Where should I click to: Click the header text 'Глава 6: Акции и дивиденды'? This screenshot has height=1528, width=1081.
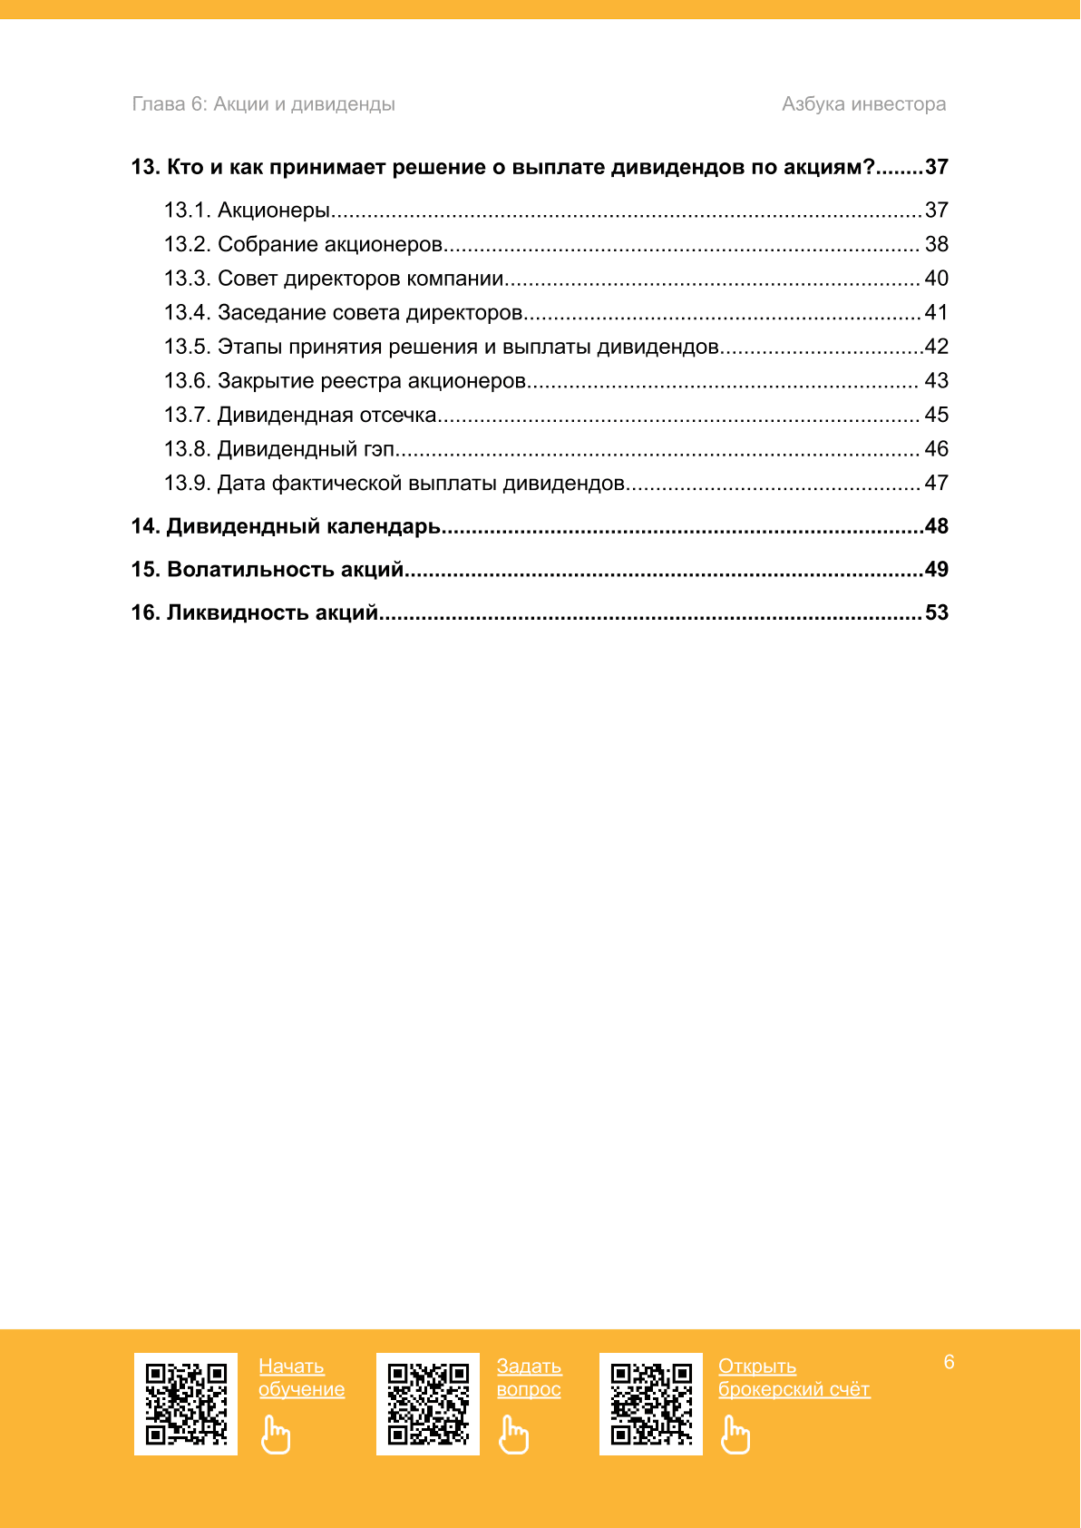(263, 104)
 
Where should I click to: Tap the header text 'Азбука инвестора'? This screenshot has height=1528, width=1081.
(863, 104)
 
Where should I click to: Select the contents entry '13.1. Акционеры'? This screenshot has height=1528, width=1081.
(247, 211)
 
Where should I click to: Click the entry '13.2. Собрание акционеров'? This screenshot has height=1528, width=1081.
(303, 245)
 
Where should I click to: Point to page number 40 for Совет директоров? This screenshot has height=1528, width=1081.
(936, 279)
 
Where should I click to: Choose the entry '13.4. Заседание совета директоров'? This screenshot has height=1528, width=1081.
(343, 313)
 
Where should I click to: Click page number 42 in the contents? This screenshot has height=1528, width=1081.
(936, 347)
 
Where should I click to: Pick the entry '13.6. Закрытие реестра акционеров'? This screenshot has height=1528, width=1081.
(345, 381)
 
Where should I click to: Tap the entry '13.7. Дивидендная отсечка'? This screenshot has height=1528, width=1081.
(300, 416)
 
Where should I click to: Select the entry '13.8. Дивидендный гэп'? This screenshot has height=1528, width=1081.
(279, 449)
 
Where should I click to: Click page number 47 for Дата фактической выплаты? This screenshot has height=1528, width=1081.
(936, 484)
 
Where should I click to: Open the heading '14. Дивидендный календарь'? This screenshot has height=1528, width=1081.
(286, 526)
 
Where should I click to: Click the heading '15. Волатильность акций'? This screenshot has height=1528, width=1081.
(268, 570)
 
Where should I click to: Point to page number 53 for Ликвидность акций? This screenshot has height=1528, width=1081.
(936, 613)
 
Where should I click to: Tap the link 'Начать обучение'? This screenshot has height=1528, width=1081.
(301, 1377)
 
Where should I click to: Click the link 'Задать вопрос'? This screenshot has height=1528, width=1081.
(529, 1377)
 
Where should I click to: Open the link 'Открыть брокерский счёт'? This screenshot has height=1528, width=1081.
(794, 1377)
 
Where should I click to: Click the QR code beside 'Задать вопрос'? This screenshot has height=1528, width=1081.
(428, 1404)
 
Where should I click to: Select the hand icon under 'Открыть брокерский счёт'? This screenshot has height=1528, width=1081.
(735, 1435)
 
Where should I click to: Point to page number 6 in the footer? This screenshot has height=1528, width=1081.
(949, 1362)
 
